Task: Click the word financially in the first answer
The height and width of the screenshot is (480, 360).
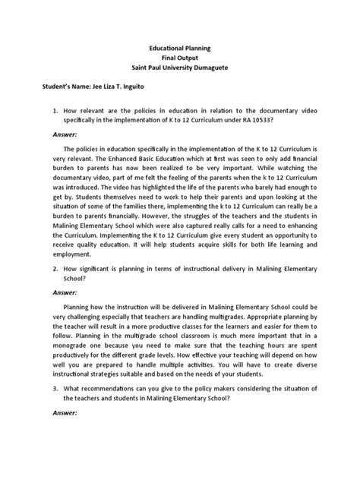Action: (134, 226)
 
